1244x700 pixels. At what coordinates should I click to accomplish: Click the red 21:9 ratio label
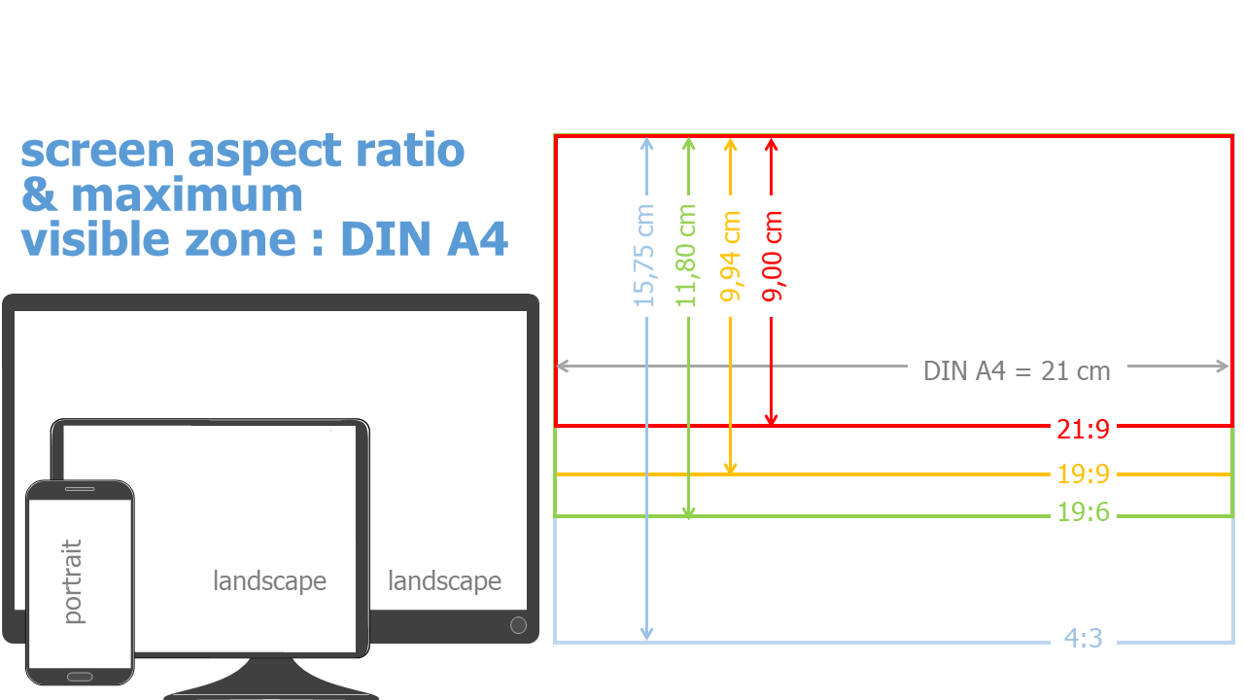1083,428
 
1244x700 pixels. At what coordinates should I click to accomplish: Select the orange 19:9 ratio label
1083,475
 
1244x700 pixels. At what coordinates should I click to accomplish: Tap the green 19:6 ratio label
1083,512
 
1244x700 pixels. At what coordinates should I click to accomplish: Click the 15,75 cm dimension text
645,255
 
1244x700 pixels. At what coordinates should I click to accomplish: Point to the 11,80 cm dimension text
687,255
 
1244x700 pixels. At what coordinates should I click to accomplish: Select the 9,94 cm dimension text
731,255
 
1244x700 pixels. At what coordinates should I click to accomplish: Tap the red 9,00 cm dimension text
772,255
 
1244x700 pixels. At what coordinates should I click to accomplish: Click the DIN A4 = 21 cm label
1016,370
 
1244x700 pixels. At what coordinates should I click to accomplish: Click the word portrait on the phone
72,581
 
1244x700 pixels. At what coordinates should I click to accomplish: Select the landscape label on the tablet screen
269,581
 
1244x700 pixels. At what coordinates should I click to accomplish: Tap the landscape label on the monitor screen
444,581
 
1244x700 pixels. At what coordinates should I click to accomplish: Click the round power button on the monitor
518,625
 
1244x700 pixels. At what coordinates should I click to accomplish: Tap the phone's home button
79,677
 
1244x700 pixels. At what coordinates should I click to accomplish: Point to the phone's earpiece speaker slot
79,489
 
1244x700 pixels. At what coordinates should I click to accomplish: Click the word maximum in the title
188,195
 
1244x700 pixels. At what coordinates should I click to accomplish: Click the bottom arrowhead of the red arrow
772,420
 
